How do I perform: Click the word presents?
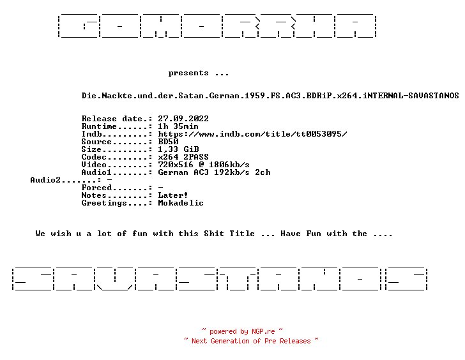point(188,73)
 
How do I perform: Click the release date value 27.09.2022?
point(183,119)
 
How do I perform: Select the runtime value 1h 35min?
point(178,126)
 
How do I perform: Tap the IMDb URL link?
point(252,134)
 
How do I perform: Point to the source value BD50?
point(168,142)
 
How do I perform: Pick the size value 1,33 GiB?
point(178,149)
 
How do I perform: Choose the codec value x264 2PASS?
point(183,157)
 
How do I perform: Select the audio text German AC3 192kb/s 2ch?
point(214,172)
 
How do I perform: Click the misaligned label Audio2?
point(45,180)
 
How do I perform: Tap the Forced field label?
point(96,188)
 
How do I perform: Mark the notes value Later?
point(173,195)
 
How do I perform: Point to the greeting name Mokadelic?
point(181,203)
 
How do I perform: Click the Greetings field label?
point(104,203)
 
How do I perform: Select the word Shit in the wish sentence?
point(214,234)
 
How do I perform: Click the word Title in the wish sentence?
point(242,234)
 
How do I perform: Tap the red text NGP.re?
point(263,331)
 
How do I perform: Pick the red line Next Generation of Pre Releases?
point(251,341)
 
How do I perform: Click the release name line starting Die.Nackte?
point(270,96)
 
